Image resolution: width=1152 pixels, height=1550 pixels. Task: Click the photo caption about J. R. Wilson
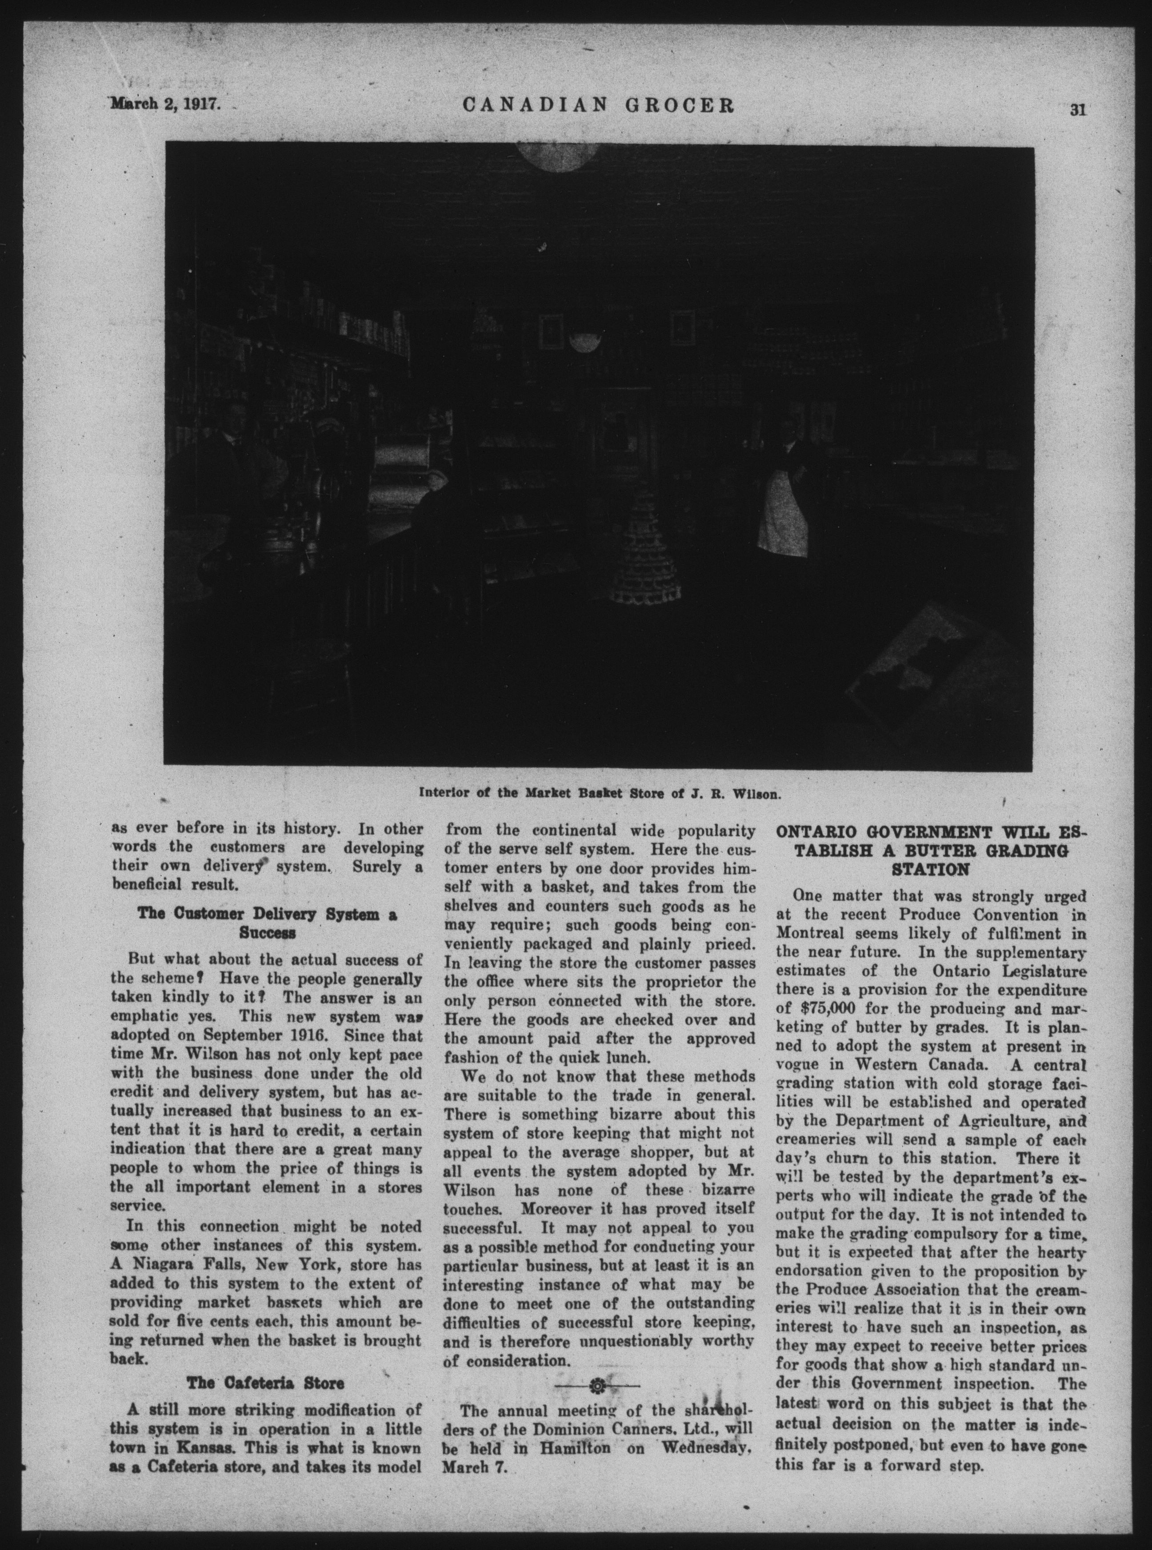[x=598, y=793]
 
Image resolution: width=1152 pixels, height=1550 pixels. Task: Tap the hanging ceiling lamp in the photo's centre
[x=584, y=342]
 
